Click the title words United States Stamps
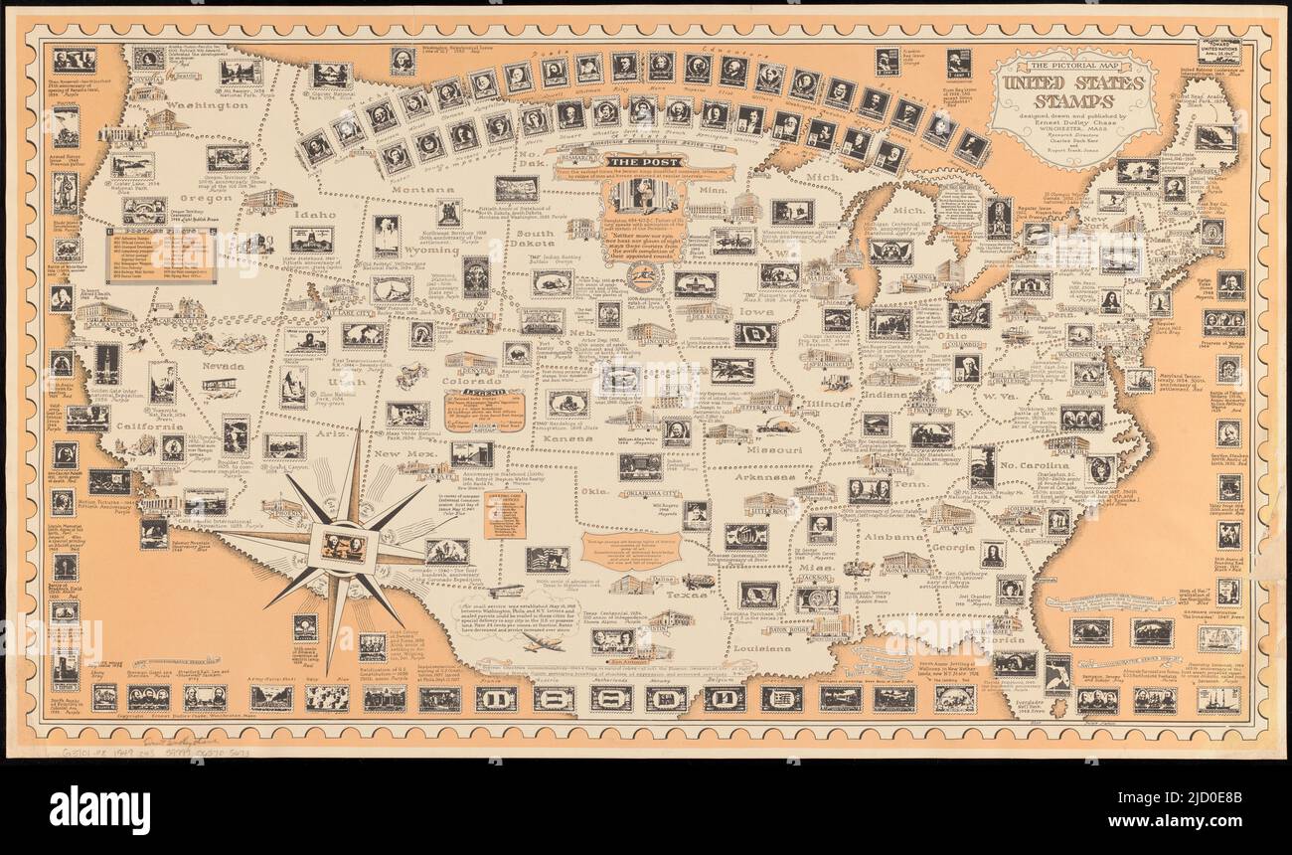tap(1078, 89)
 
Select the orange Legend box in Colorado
tap(484, 408)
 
